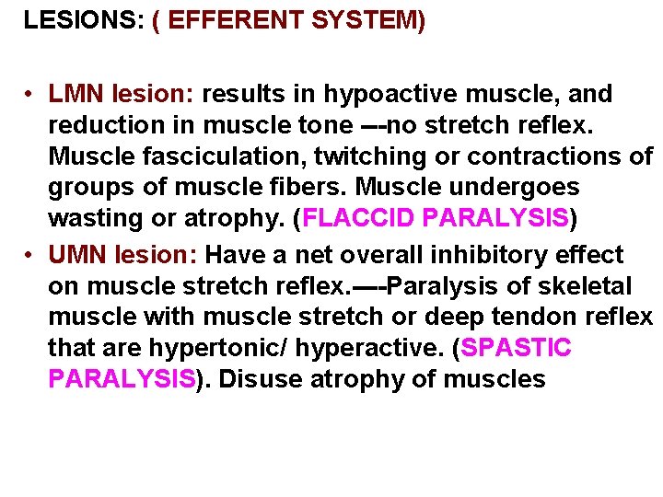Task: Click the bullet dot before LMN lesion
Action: (30, 95)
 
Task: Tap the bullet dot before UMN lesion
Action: (30, 255)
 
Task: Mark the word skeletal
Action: (599, 285)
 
